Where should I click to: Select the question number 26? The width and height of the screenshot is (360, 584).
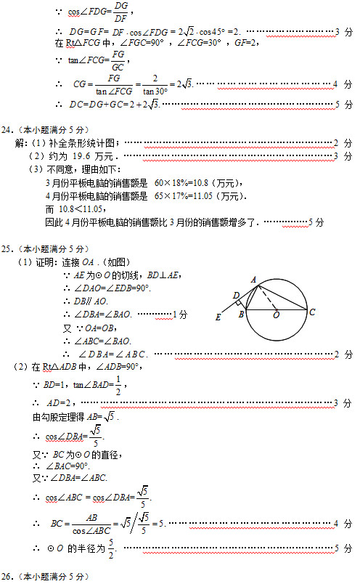click(9, 576)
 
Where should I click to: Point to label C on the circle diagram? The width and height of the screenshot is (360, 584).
click(311, 312)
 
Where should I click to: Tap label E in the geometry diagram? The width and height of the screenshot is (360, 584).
click(218, 317)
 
